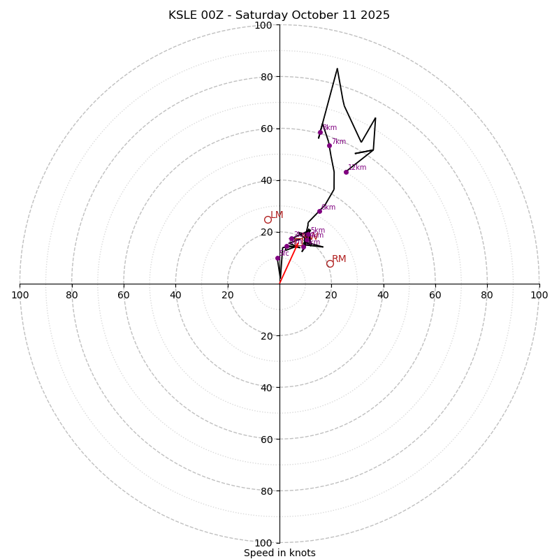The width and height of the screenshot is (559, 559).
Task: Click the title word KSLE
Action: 184,15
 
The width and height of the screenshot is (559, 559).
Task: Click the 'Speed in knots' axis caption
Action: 279,553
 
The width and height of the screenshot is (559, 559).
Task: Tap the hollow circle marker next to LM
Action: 268,219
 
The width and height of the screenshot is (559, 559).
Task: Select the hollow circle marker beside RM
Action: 330,263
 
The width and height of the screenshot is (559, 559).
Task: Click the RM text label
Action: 339,259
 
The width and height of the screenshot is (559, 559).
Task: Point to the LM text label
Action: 277,215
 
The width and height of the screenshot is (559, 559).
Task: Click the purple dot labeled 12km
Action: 346,172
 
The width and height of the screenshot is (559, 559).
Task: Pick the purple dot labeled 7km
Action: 329,145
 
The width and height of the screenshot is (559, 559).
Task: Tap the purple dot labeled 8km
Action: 321,132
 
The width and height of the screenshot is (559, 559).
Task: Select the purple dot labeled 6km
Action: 319,211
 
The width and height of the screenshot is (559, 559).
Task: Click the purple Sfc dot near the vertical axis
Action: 277,258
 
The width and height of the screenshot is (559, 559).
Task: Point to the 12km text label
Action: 358,168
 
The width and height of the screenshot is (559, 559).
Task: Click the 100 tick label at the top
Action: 263,25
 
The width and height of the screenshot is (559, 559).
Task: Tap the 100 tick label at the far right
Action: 539,295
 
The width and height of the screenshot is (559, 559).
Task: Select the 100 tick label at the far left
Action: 20,295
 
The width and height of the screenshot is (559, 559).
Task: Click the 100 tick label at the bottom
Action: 263,543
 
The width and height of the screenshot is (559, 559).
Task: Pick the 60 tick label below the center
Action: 266,440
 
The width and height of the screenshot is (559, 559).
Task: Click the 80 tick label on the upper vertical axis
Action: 266,77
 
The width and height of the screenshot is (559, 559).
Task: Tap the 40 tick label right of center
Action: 383,295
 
